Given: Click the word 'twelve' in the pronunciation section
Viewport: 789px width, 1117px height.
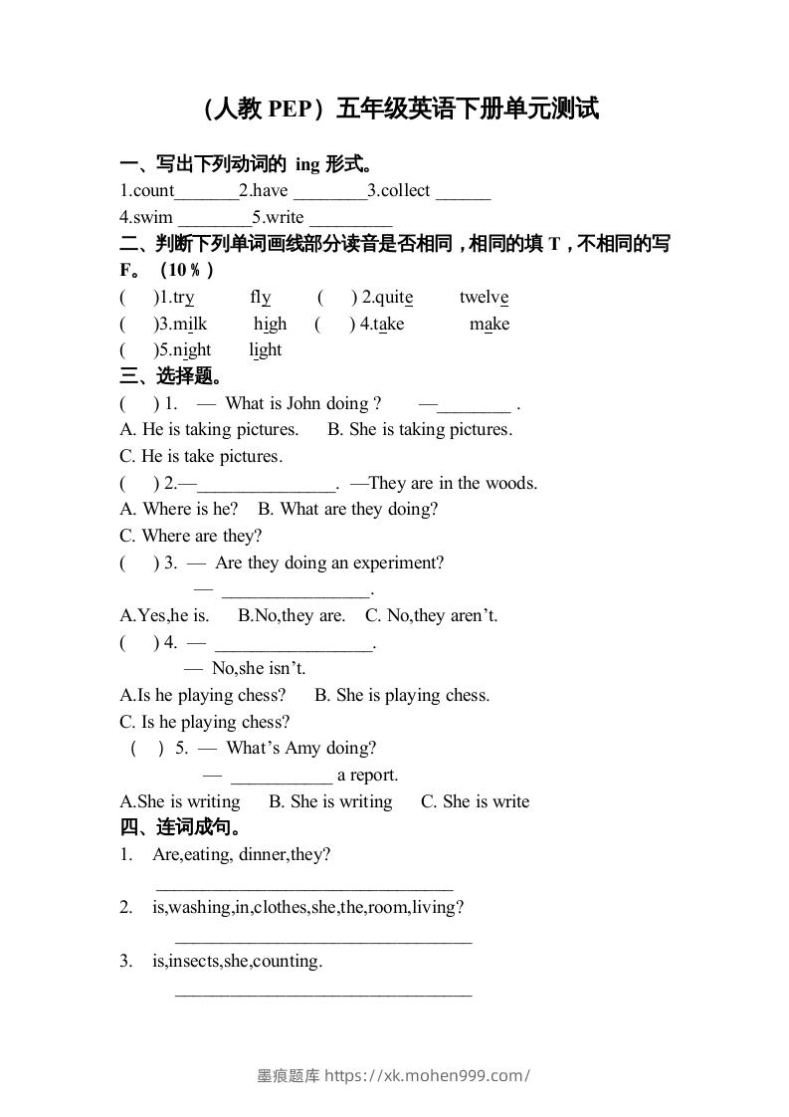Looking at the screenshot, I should pyautogui.click(x=485, y=297).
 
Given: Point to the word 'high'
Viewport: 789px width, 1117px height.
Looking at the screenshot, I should pyautogui.click(x=270, y=324).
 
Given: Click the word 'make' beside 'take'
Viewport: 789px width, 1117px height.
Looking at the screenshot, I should pyautogui.click(x=490, y=324).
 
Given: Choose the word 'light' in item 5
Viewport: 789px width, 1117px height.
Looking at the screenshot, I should pyautogui.click(x=266, y=349).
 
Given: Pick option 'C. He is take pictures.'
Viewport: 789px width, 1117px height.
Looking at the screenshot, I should pyautogui.click(x=201, y=456).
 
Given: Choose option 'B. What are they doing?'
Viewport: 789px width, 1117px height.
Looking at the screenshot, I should pyautogui.click(x=348, y=509).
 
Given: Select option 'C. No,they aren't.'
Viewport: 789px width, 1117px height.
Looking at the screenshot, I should pyautogui.click(x=432, y=615).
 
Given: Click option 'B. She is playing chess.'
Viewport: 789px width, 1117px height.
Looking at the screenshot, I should pyautogui.click(x=402, y=695).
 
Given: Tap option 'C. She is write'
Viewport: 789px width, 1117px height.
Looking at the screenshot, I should pyautogui.click(x=476, y=801).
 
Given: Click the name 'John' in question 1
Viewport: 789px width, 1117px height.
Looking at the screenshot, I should pyautogui.click(x=303, y=403).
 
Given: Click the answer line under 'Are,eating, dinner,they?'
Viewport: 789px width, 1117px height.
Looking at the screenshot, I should pyautogui.click(x=304, y=886).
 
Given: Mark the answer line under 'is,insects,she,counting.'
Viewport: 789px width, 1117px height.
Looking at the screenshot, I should pyautogui.click(x=323, y=992).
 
